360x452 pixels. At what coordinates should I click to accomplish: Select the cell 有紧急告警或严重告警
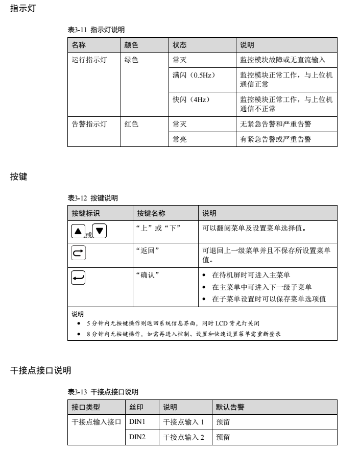[x=276, y=139]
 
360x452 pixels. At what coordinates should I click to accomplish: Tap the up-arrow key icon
[x=78, y=231]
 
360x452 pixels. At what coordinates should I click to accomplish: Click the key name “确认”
[x=148, y=275]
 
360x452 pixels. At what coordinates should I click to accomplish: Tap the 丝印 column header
[x=136, y=407]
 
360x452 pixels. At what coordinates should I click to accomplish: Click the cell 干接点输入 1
[x=183, y=422]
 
